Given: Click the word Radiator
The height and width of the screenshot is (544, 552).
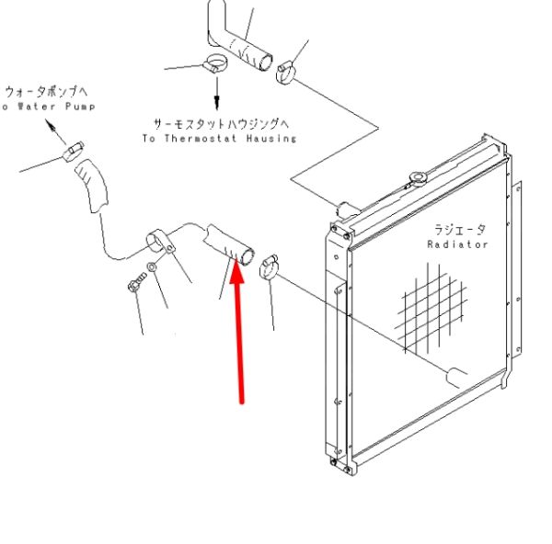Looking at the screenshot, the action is pos(457,244).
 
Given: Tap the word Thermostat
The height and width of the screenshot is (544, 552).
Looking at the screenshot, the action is pos(201,138).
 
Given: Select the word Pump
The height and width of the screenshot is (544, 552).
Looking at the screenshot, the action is pos(80,107).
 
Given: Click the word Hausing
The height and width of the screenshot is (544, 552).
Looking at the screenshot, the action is pos(271,138).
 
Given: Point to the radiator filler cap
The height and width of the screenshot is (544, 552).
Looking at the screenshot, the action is pos(419,178).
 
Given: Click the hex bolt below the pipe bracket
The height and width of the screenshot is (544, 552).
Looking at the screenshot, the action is pos(136,282).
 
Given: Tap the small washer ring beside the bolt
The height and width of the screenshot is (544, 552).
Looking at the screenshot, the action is pos(152,267).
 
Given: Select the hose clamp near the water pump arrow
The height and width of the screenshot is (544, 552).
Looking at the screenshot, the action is pos(74,152).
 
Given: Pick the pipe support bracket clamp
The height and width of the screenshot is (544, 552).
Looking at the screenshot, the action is pos(160,242).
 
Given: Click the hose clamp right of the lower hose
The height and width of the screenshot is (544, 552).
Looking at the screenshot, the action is pos(269,266).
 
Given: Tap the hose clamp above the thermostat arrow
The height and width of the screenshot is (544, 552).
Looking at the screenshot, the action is pos(215,63).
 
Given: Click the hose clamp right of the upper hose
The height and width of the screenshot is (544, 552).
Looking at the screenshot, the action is pos(285,72).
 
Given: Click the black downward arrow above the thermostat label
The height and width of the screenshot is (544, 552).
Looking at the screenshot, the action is pos(217,93).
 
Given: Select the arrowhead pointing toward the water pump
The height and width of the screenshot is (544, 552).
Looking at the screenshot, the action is pos(51,125).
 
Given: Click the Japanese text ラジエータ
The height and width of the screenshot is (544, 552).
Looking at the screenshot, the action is pos(459,230).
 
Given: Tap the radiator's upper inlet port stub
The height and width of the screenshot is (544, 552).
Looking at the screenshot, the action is pos(344,210).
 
